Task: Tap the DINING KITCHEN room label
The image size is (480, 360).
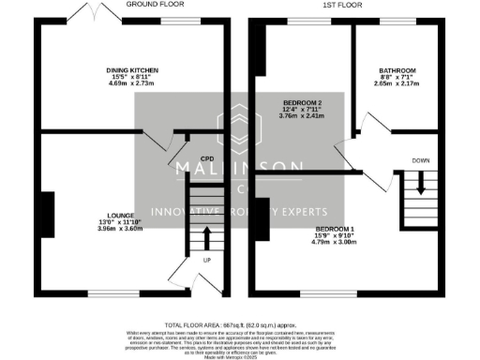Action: (x=131, y=70)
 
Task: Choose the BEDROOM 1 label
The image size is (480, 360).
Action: (x=335, y=229)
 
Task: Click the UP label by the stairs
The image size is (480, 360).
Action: (x=206, y=258)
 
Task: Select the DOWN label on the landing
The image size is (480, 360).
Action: (x=420, y=161)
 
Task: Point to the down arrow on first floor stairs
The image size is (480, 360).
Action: (x=420, y=185)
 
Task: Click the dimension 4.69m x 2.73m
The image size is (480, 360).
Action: (x=131, y=84)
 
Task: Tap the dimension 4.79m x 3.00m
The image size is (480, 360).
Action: (x=335, y=243)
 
